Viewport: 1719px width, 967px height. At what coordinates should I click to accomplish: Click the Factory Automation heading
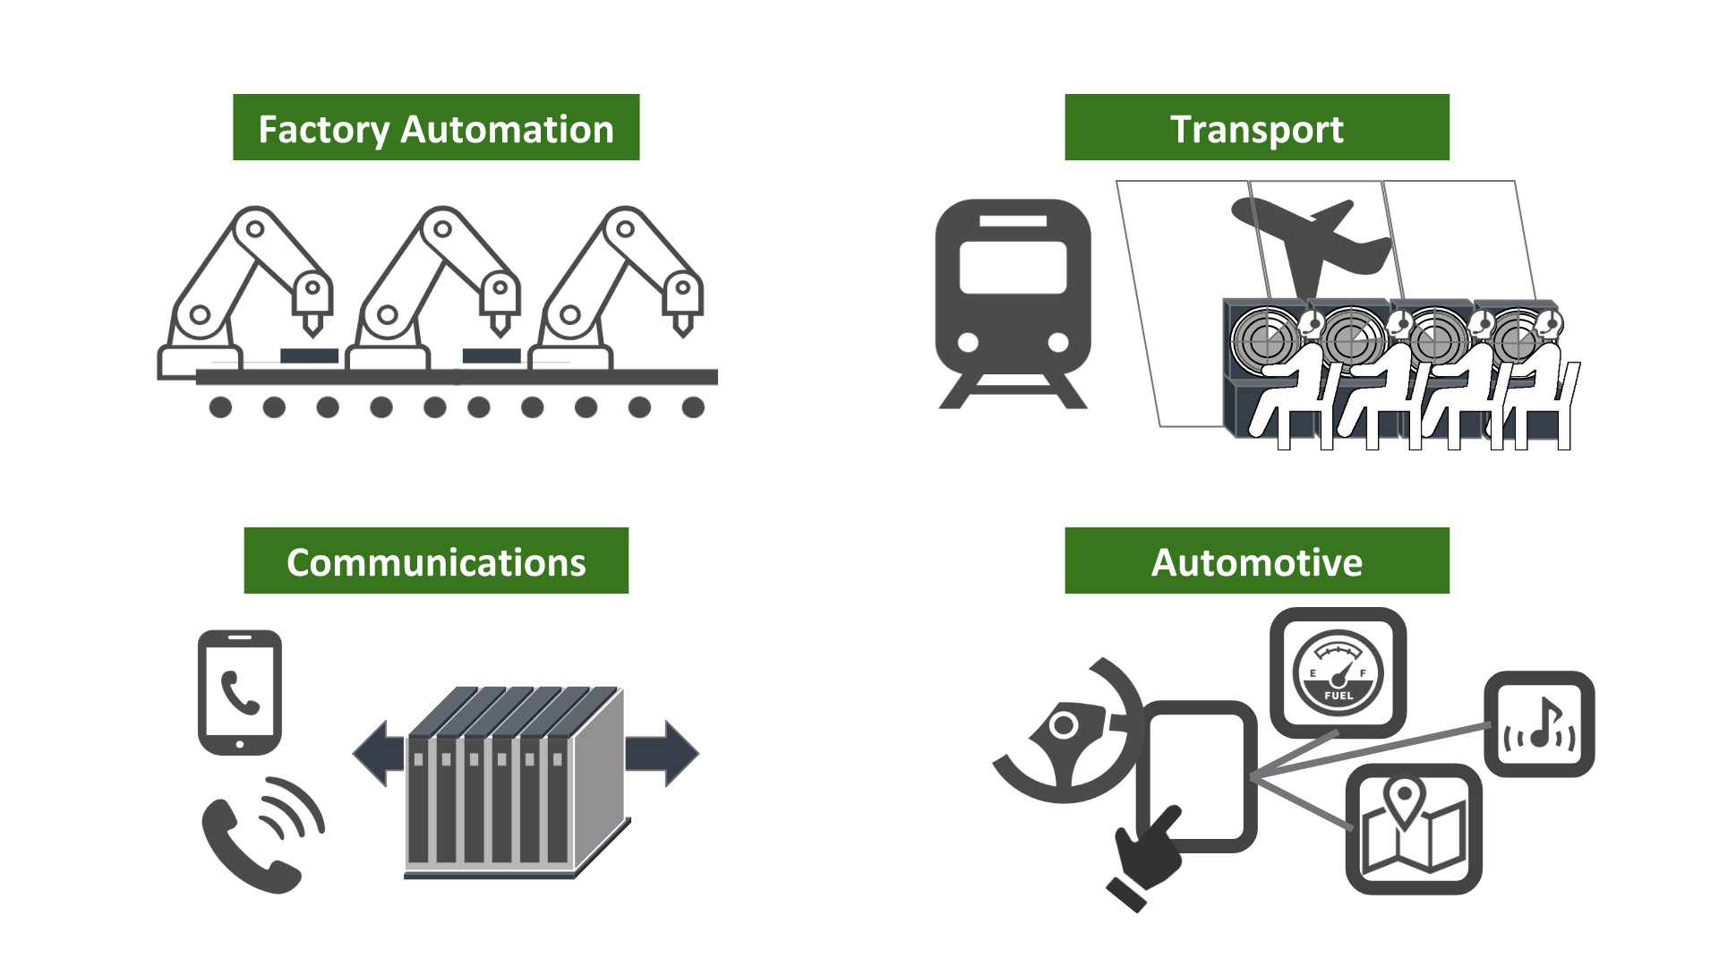point(436,128)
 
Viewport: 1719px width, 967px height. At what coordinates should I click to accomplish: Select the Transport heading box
point(1256,128)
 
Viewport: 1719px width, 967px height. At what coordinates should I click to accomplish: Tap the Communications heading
point(436,561)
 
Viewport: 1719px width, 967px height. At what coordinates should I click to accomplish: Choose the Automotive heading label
point(1256,561)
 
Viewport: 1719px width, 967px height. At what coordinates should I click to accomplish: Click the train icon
point(1013,300)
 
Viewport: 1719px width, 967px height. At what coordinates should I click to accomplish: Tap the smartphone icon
point(239,691)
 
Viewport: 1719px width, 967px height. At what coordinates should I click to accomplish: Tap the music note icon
point(1540,724)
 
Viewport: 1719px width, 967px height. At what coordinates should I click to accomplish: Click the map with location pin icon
point(1414,828)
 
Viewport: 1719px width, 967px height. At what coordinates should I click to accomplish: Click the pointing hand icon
point(1147,860)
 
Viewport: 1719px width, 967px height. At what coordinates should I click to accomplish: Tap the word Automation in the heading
point(507,129)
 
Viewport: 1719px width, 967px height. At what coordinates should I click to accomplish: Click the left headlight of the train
point(968,342)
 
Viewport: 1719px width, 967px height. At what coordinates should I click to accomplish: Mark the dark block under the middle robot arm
point(492,355)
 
